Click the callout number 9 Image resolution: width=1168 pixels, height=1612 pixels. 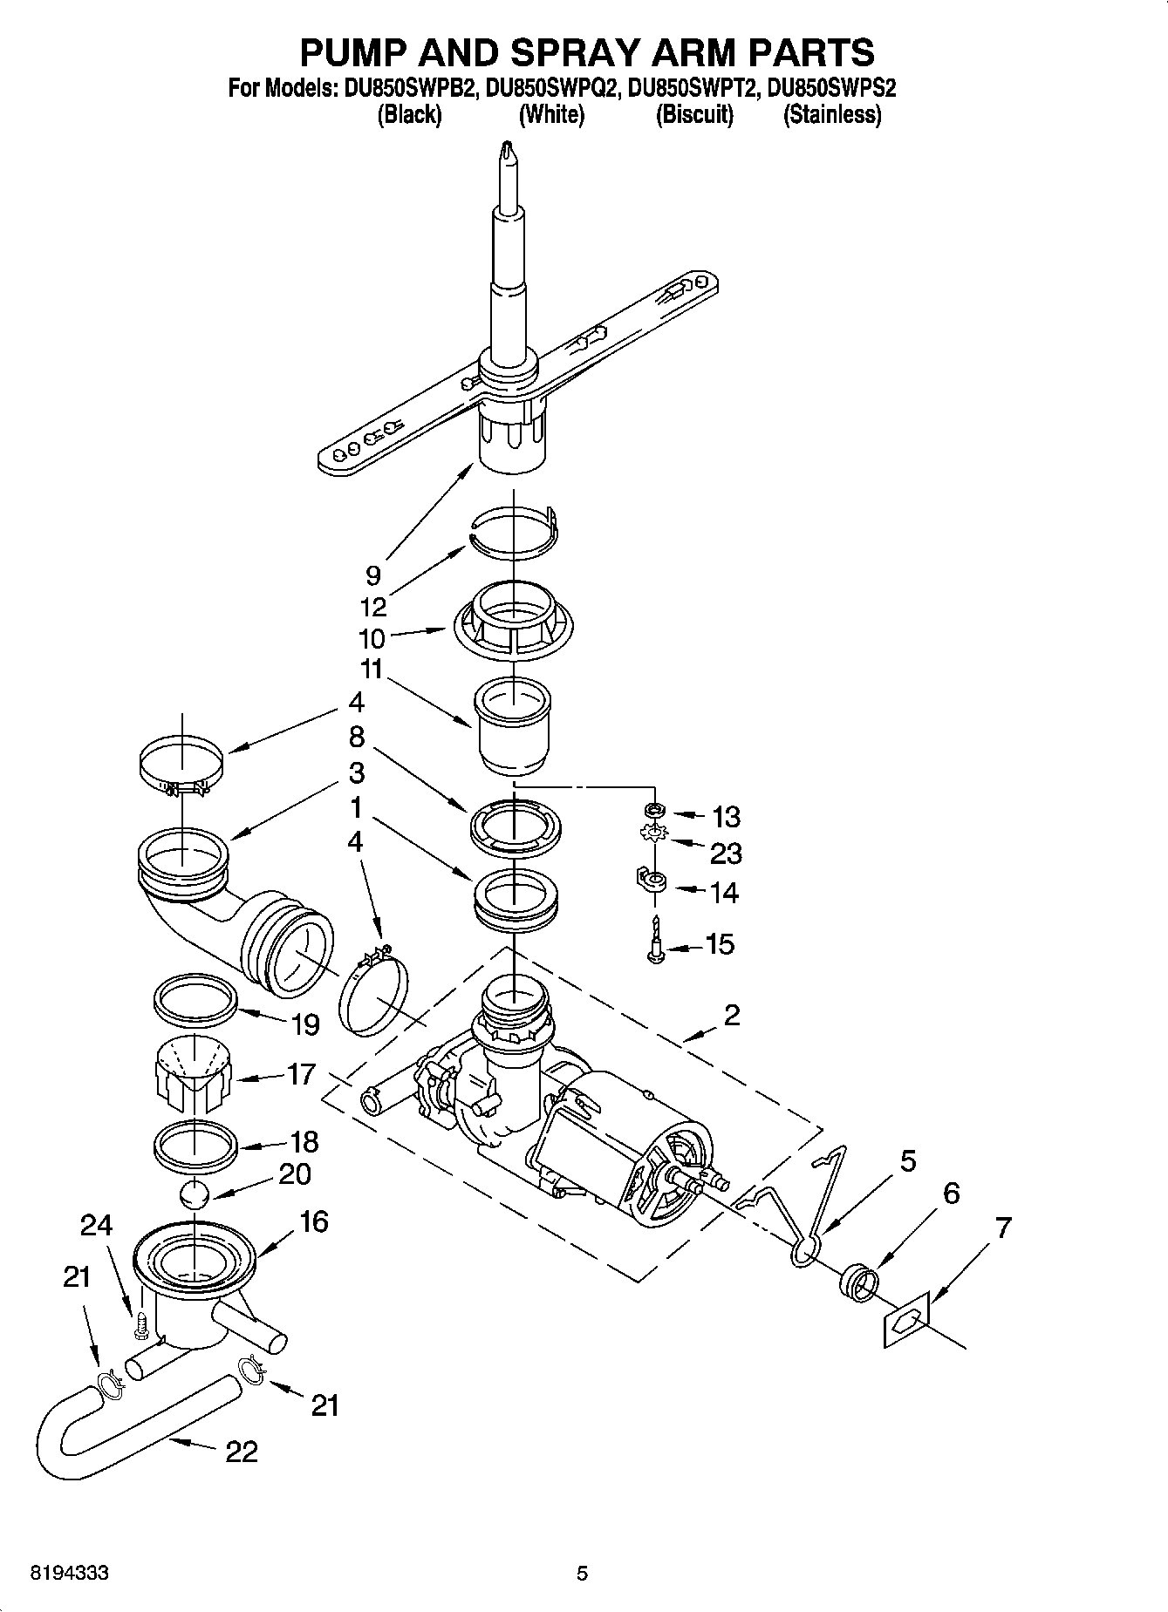(373, 575)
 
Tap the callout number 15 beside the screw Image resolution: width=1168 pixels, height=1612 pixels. (720, 944)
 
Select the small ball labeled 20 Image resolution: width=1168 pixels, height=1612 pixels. (196, 1194)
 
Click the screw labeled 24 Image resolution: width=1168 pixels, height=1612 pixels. (138, 1327)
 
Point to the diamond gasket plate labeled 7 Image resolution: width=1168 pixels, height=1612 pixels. (905, 1323)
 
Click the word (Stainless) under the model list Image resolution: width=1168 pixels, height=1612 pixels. (831, 115)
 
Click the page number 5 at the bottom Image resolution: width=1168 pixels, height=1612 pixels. (582, 1574)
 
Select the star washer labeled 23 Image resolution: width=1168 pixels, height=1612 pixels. (652, 834)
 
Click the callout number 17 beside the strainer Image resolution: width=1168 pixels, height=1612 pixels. (301, 1074)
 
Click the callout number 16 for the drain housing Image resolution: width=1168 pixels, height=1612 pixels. (313, 1222)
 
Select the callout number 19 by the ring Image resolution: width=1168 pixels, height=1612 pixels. (305, 1024)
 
